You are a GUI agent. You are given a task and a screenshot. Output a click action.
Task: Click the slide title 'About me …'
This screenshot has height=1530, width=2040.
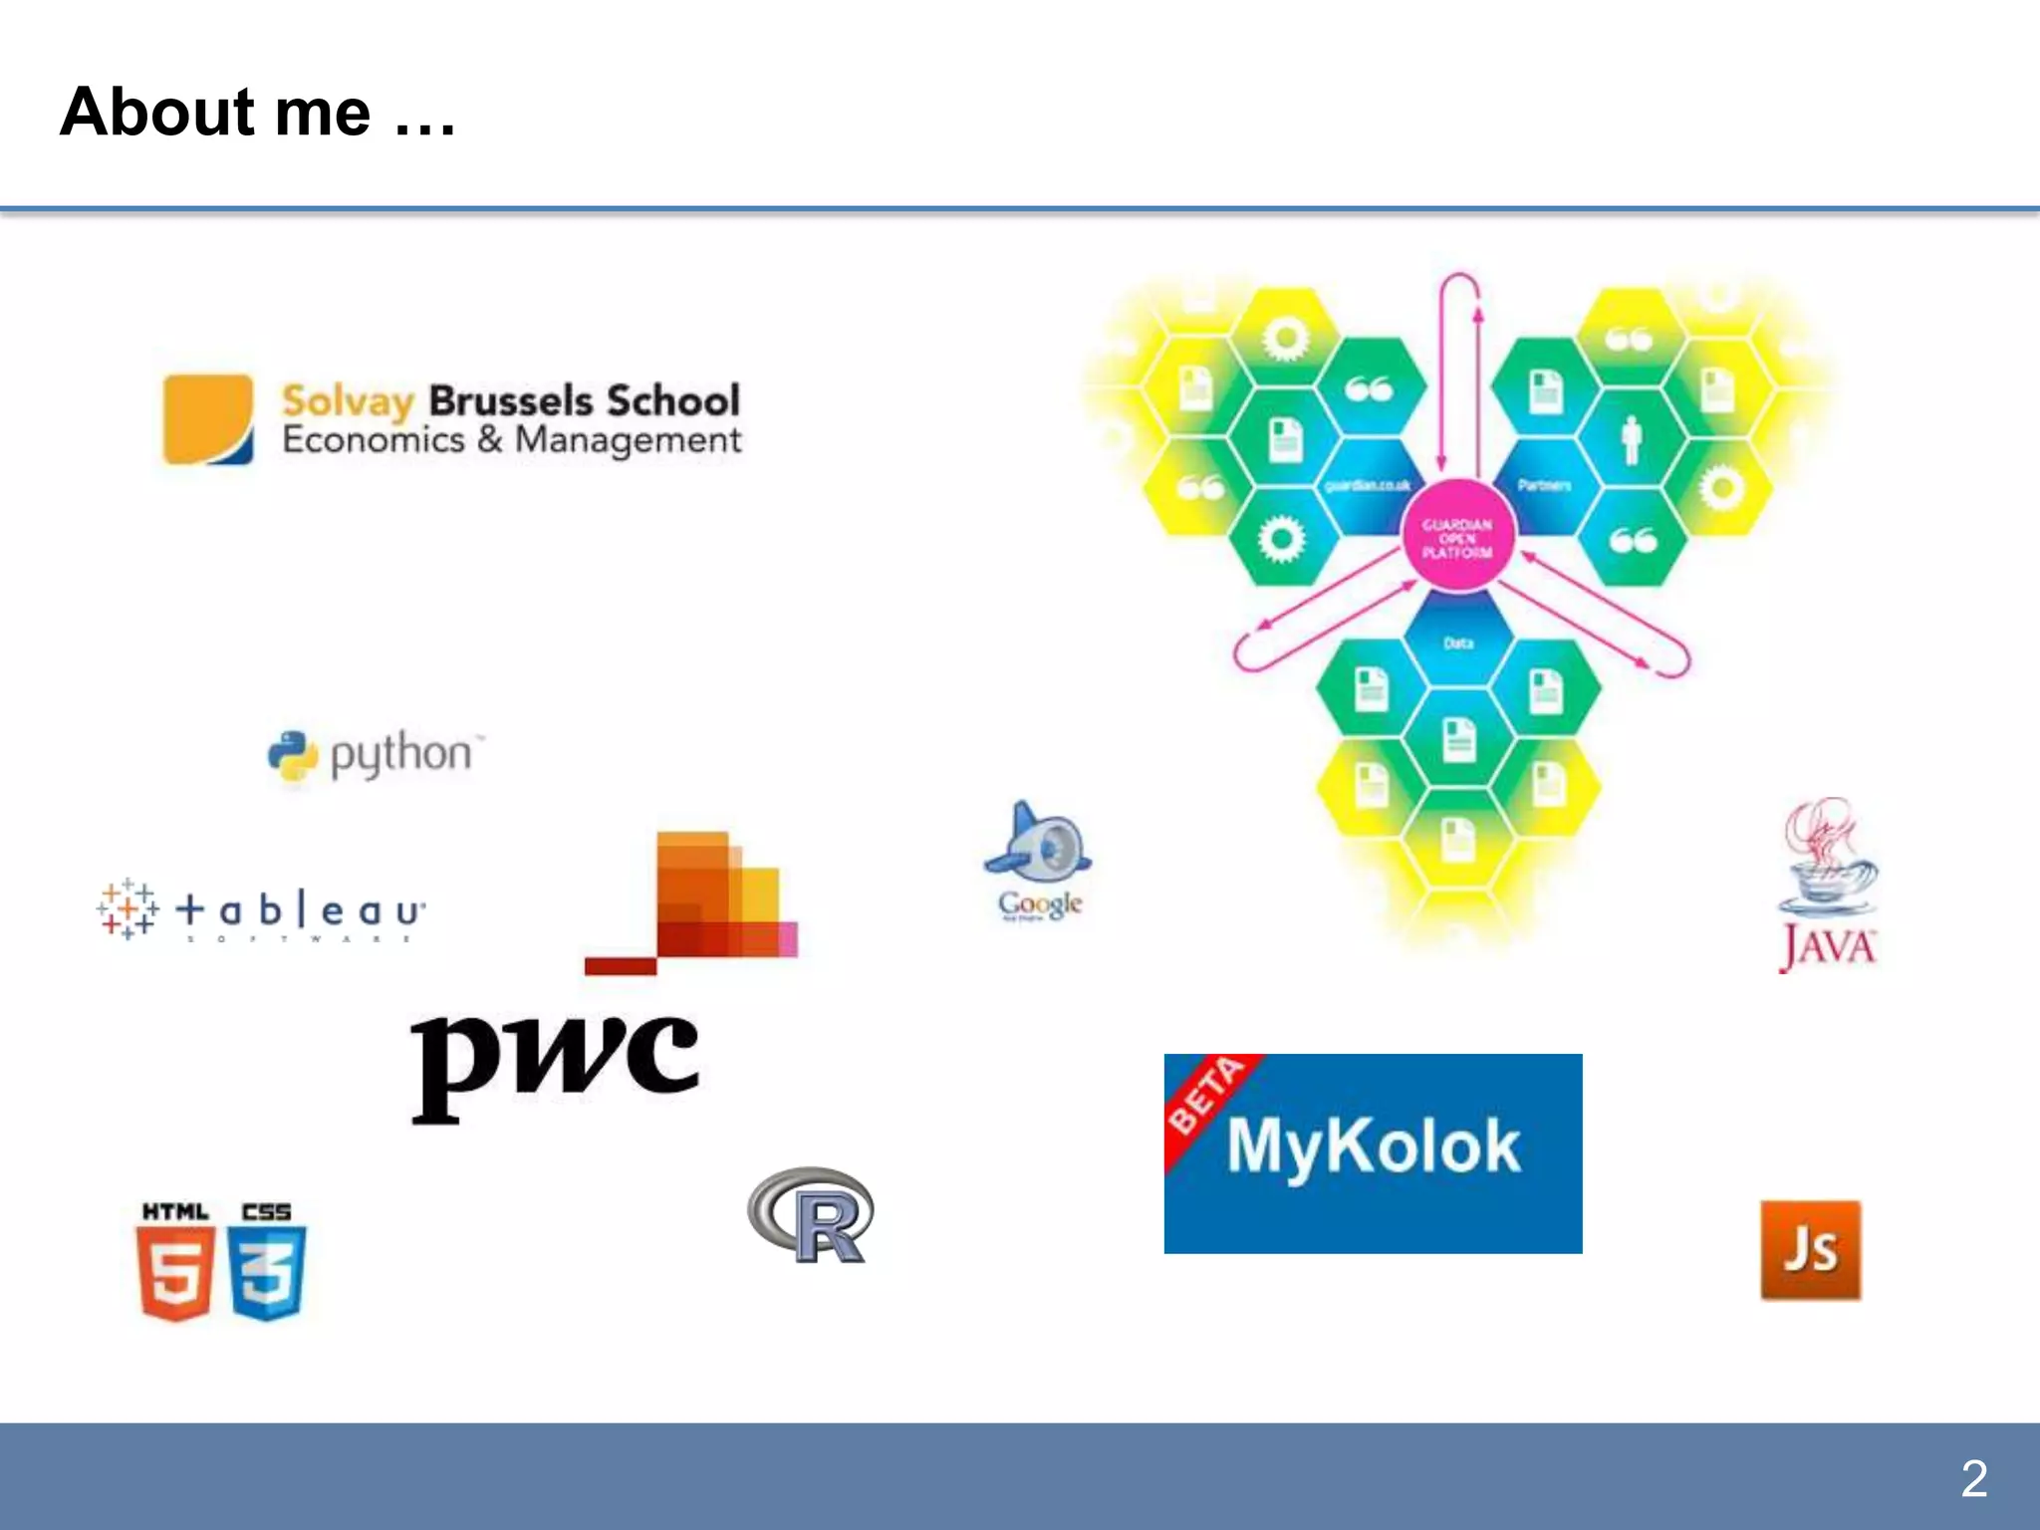tap(257, 112)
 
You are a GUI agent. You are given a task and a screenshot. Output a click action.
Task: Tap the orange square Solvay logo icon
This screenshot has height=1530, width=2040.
tap(208, 419)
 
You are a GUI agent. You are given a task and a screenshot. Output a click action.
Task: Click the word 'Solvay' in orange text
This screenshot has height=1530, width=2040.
tap(348, 401)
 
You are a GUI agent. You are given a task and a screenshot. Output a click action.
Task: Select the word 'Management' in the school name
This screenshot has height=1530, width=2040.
tap(628, 440)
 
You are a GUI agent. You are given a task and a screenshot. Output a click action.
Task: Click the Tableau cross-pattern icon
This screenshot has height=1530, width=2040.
tap(127, 909)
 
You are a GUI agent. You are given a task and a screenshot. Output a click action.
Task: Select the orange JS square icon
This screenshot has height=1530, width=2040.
tap(1810, 1250)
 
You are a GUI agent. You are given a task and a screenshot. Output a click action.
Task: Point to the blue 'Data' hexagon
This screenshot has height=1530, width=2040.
tap(1458, 639)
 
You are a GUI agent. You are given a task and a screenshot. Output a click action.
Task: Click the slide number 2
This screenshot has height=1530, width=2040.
tap(1973, 1478)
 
